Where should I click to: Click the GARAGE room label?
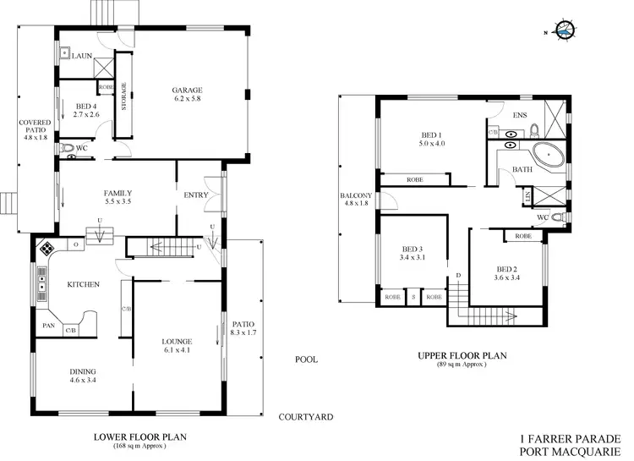188,91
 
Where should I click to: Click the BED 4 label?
86,106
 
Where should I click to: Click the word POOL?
306,359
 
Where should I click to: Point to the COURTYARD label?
306,417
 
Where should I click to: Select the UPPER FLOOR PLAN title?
462,356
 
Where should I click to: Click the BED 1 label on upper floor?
432,134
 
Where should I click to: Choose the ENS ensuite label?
520,115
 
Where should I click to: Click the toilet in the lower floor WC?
68,147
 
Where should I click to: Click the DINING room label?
82,372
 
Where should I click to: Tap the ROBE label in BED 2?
522,236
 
